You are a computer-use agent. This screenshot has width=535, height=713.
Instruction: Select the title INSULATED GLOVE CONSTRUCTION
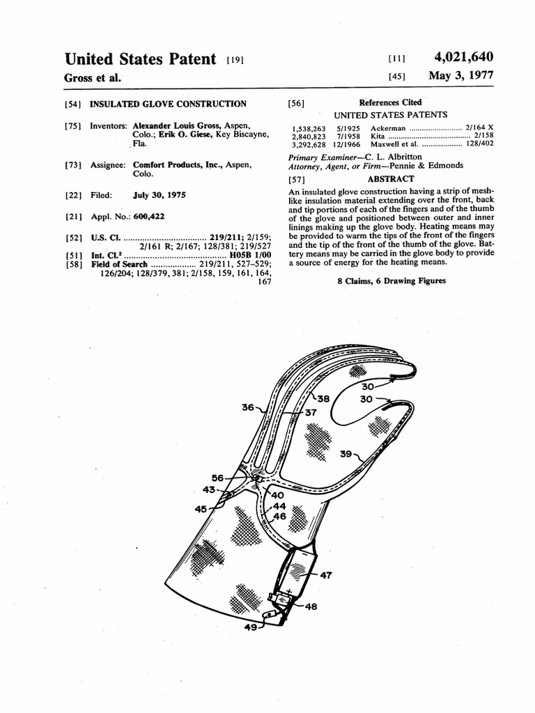[168, 104]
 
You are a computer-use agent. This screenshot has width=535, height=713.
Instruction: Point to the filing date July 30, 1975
[159, 195]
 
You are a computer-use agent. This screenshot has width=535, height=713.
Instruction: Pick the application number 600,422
[149, 217]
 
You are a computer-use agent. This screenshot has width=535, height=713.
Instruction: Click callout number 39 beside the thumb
[348, 454]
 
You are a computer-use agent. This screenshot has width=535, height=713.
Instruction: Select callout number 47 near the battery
[326, 575]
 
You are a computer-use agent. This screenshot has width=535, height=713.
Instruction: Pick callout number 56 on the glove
[218, 478]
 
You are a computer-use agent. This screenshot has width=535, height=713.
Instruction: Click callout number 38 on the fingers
[322, 399]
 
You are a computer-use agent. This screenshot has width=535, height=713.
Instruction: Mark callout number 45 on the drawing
[201, 509]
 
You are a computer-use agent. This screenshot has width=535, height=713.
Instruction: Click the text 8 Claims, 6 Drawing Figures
[391, 281]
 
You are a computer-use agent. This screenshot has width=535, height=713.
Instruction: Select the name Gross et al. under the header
[93, 79]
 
